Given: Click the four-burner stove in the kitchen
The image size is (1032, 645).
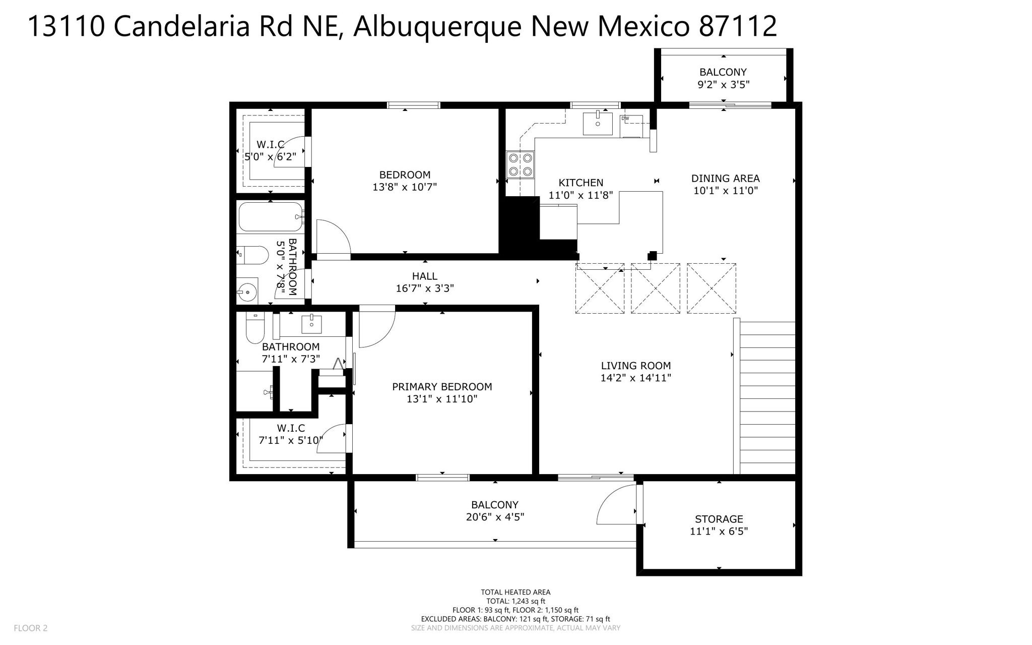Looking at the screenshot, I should pyautogui.click(x=521, y=165).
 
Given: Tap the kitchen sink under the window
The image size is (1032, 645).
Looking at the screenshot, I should pyautogui.click(x=598, y=123).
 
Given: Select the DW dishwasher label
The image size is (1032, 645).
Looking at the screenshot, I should pyautogui.click(x=625, y=119).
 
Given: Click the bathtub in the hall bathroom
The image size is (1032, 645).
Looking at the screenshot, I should pyautogui.click(x=271, y=216).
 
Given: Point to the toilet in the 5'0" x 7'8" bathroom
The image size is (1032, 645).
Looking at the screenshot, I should pyautogui.click(x=252, y=255).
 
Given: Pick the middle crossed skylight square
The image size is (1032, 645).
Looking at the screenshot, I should pyautogui.click(x=655, y=288).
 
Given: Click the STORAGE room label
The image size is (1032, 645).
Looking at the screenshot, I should pyautogui.click(x=719, y=519).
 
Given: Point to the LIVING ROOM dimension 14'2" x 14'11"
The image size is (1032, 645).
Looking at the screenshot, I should pyautogui.click(x=635, y=378).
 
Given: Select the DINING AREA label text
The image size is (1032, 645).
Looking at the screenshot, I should pyautogui.click(x=725, y=178).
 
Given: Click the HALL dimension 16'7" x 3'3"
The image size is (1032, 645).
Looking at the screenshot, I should pyautogui.click(x=425, y=288).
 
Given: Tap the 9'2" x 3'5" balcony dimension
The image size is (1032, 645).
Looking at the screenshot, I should pyautogui.click(x=723, y=85).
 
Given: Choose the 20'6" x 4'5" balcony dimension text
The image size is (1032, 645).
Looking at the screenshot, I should pyautogui.click(x=495, y=517).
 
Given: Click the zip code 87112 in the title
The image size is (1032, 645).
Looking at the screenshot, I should pyautogui.click(x=737, y=26).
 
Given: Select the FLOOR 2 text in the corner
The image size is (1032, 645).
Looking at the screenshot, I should pyautogui.click(x=31, y=628).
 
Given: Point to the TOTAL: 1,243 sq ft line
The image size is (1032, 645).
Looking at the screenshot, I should pyautogui.click(x=515, y=601).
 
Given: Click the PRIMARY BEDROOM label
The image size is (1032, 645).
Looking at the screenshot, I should pyautogui.click(x=442, y=387).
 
